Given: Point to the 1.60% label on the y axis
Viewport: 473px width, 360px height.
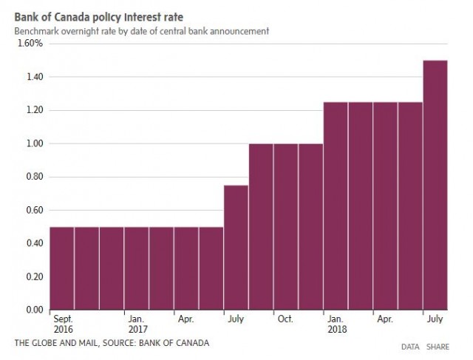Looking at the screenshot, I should tap(31, 44).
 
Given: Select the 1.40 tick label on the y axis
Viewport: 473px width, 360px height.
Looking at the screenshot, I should tap(34, 77).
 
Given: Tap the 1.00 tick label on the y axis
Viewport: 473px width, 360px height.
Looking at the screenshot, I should tap(34, 143).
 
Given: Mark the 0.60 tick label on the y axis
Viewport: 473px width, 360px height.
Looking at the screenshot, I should tap(34, 210).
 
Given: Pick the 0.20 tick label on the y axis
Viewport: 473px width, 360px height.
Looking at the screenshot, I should tap(34, 276).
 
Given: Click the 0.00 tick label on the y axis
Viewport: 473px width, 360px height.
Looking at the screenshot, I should tap(34, 310).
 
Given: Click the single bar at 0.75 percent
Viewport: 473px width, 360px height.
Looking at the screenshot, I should tap(236, 248).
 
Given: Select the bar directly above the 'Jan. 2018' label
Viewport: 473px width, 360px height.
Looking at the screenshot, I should tap(335, 206).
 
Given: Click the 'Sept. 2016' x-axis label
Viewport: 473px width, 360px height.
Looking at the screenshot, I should tap(62, 325).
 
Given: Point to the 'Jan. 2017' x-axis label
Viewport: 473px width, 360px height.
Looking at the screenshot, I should tap(137, 325).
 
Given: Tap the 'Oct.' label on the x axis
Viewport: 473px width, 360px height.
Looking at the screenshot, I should tap(285, 321).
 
